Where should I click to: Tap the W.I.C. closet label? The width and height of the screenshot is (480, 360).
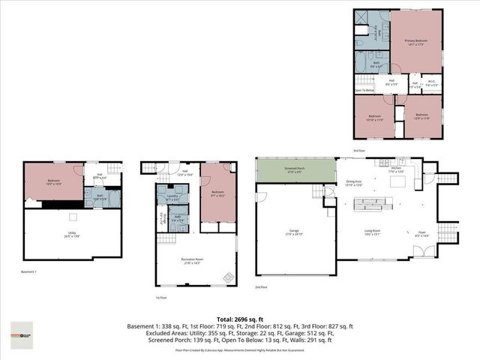coord(430,84)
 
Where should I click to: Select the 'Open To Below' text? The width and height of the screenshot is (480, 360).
coord(364,91)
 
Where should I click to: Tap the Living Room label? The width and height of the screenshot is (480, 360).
coord(373,232)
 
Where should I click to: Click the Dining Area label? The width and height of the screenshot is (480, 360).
coord(353,182)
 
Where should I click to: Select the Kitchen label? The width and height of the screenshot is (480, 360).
coord(397,170)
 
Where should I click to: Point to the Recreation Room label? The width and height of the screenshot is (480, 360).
coord(194,260)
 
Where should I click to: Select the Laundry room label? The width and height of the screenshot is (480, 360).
coord(172,199)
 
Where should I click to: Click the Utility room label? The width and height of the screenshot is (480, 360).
coord(73,234)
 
